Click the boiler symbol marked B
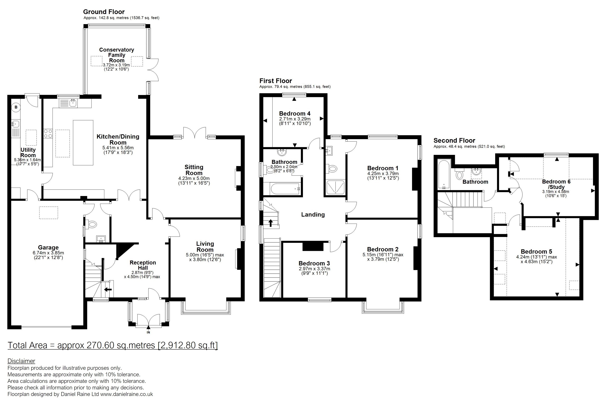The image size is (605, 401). click(x=16, y=107)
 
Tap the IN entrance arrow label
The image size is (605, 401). click(x=148, y=333)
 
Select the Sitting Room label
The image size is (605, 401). click(x=194, y=170)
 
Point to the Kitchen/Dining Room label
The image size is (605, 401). click(x=118, y=139)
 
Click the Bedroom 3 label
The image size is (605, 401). click(x=314, y=263)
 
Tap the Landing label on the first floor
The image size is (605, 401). click(x=313, y=215)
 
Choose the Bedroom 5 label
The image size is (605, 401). click(x=536, y=251)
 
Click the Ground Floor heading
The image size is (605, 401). click(x=104, y=12)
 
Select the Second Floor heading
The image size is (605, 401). click(x=454, y=140)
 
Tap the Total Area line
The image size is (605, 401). click(x=113, y=345)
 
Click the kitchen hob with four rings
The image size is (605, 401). click(x=48, y=133)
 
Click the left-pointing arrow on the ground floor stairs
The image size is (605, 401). click(x=108, y=290)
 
